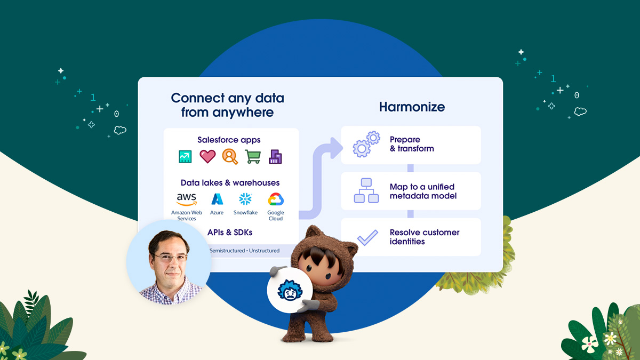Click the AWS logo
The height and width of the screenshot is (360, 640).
click(186, 199)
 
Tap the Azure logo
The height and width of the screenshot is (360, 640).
click(217, 199)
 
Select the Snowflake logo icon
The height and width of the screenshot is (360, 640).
click(245, 199)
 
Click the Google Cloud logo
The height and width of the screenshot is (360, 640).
click(276, 200)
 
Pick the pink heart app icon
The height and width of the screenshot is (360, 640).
click(207, 156)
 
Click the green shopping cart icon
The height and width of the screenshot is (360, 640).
click(253, 156)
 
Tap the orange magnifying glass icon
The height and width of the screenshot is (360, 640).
click(230, 156)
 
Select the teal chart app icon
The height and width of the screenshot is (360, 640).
click(185, 156)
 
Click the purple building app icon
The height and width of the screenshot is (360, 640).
click(275, 156)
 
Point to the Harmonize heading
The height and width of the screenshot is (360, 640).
click(411, 107)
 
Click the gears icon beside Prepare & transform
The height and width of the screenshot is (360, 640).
click(366, 144)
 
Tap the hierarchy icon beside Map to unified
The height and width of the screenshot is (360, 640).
click(366, 190)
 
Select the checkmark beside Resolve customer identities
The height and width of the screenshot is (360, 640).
click(367, 237)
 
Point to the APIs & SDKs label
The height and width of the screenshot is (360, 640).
click(230, 233)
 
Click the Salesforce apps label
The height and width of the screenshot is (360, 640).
click(229, 140)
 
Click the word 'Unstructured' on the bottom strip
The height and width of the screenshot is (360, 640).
click(264, 251)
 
